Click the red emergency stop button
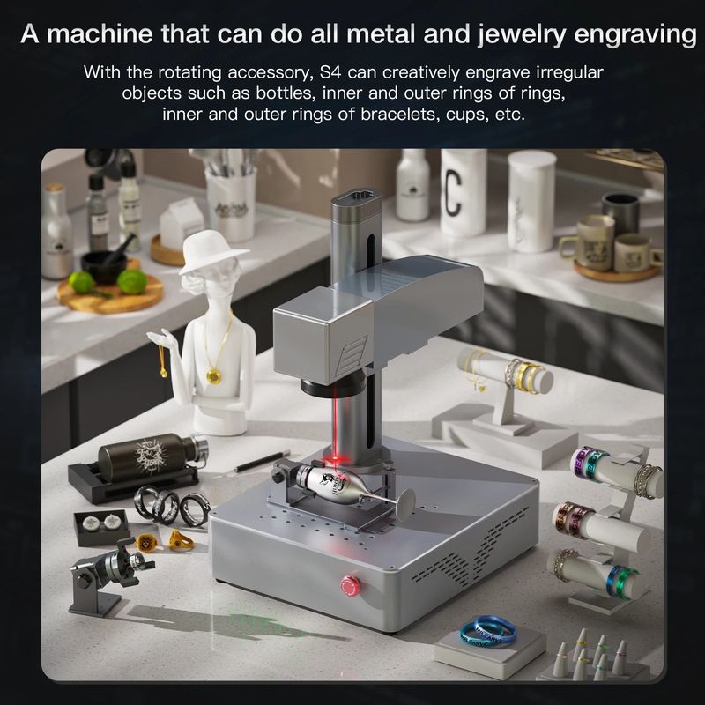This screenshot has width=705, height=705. pyautogui.click(x=350, y=585)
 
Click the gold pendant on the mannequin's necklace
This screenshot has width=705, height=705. pyautogui.click(x=213, y=375)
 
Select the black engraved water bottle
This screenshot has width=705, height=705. pyautogui.click(x=152, y=456)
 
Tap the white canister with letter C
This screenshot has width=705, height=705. pyautogui.click(x=464, y=192)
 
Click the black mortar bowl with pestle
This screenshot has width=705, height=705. pyautogui.click(x=103, y=266)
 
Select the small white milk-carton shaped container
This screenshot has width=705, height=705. pyautogui.click(x=182, y=224)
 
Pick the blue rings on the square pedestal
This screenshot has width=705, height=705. pyautogui.click(x=488, y=630)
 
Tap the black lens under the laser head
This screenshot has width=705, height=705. pyautogui.click(x=322, y=388)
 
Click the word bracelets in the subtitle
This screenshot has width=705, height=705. pyautogui.click(x=398, y=115)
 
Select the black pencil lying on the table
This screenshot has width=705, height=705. pyautogui.click(x=261, y=460)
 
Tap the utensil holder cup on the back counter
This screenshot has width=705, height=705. pyautogui.click(x=231, y=204)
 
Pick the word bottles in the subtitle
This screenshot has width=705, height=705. pyautogui.click(x=283, y=93)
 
